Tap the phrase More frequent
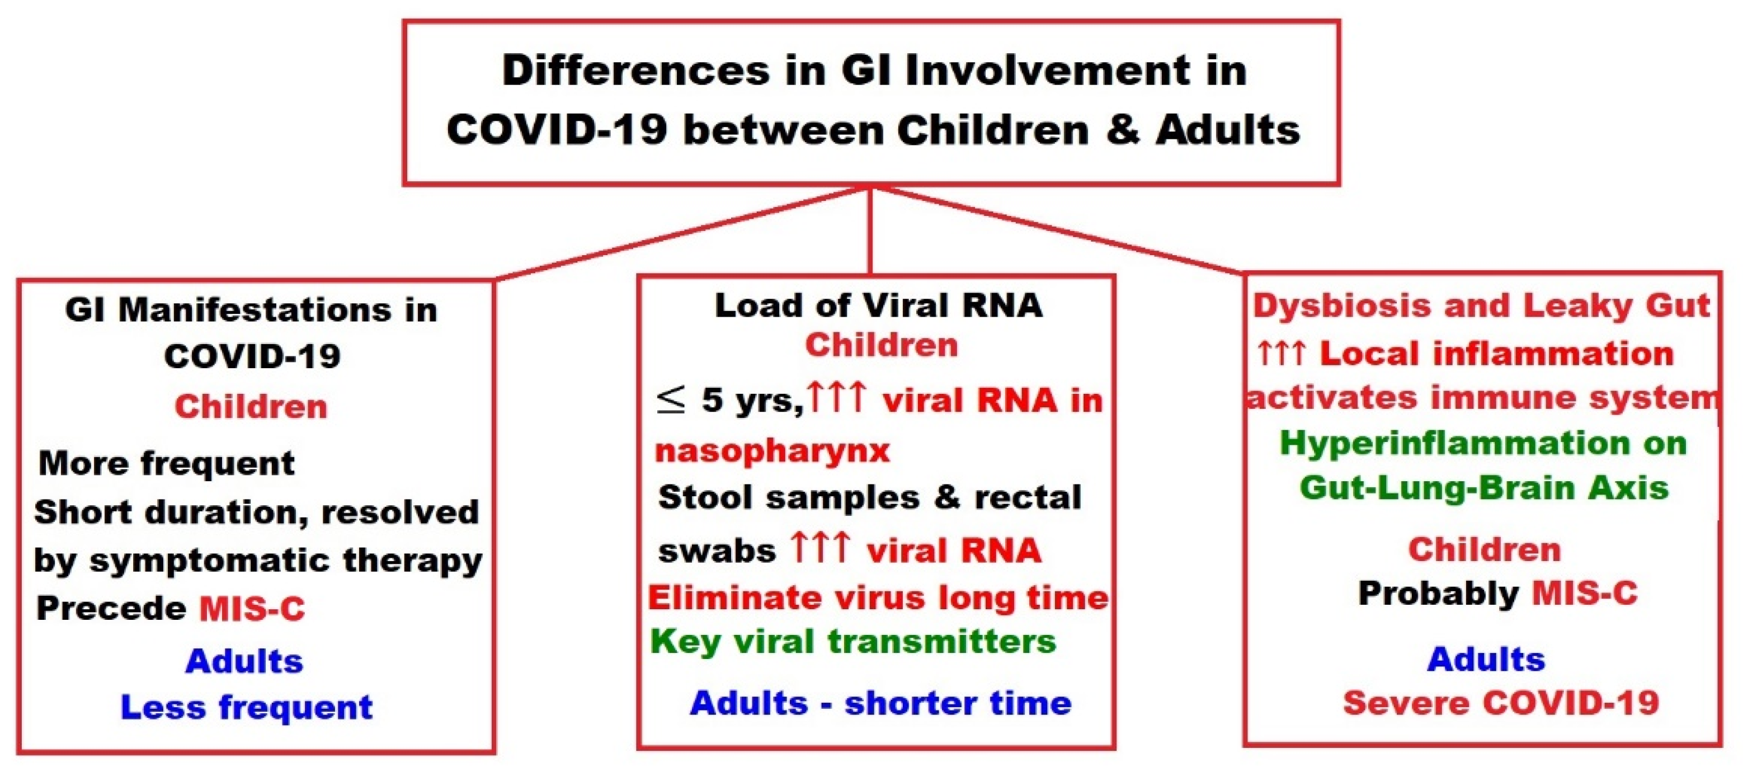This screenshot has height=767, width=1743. point(167,464)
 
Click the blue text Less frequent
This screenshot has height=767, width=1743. point(246,708)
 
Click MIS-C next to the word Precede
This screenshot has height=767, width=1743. point(252,609)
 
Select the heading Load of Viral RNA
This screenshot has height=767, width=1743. point(879,305)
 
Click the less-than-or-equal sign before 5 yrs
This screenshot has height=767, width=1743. point(671,400)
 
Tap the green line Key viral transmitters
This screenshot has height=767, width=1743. point(852,641)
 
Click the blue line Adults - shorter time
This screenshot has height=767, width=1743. point(880,703)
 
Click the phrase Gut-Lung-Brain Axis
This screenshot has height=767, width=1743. point(1484,488)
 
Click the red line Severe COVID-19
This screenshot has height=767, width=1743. point(1501,703)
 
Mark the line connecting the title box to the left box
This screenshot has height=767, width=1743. point(683,233)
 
